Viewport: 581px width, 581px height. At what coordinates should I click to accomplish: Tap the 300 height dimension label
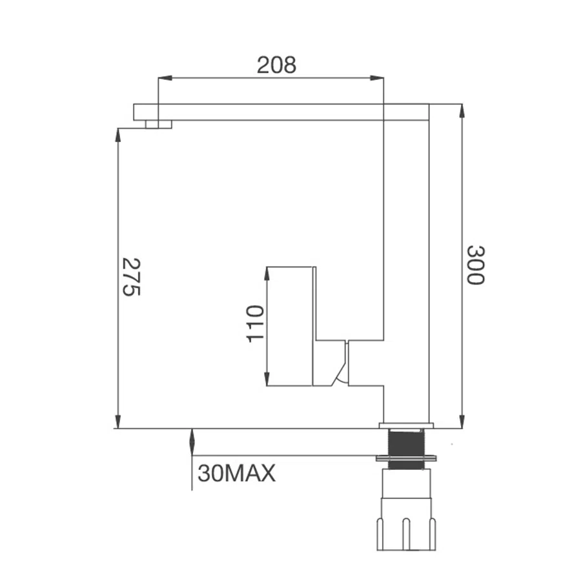[x=475, y=265]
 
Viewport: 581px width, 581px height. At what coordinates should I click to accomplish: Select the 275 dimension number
[x=132, y=277]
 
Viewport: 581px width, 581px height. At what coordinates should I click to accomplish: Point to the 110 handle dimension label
[x=255, y=323]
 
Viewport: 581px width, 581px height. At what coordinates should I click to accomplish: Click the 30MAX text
[x=236, y=473]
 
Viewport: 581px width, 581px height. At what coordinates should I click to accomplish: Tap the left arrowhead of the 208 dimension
[x=165, y=78]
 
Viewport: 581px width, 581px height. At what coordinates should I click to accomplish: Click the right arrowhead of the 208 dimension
[x=376, y=78]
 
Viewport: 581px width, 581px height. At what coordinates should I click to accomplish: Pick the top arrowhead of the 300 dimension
[x=462, y=111]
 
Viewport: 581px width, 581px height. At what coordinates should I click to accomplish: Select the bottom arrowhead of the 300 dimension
[x=462, y=422]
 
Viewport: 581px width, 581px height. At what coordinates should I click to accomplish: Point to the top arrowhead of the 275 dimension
[x=118, y=136]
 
